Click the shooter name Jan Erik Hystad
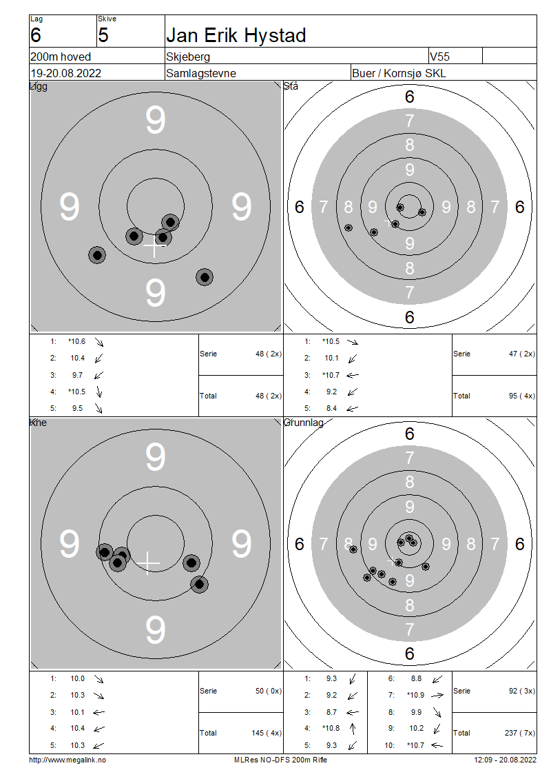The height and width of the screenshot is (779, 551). tap(236, 35)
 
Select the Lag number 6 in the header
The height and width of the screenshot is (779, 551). tap(36, 35)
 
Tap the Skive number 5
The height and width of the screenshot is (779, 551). tap(103, 35)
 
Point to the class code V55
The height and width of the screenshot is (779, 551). tap(440, 57)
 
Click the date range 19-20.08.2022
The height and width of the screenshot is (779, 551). tap(66, 73)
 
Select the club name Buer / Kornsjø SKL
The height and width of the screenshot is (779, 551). tap(399, 73)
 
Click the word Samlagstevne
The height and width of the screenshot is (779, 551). tap(201, 73)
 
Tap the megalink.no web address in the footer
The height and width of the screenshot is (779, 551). tap(67, 760)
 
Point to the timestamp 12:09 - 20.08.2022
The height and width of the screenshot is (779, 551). tap(506, 760)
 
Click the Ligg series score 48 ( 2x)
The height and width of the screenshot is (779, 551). tap(269, 354)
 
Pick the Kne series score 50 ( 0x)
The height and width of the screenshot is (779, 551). tap(269, 691)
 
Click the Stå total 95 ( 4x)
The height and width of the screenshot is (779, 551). tap(521, 396)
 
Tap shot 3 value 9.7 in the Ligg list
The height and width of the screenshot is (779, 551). tap(77, 375)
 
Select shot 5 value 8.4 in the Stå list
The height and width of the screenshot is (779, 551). tap(331, 408)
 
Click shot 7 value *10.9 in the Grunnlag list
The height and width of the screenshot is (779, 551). tap(415, 695)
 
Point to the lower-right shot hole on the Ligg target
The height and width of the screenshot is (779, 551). tap(205, 276)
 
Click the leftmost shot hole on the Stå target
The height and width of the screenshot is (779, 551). tap(349, 227)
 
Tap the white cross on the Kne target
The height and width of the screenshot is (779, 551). tap(148, 563)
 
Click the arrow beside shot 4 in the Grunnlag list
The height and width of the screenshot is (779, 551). tap(353, 728)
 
